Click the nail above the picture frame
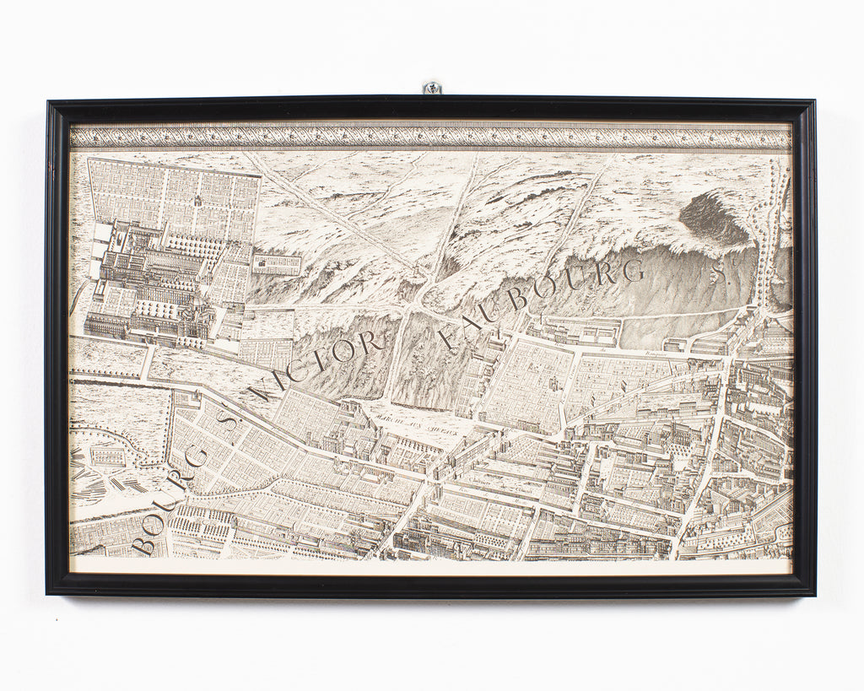(432, 87)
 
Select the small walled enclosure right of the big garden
(276, 264)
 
